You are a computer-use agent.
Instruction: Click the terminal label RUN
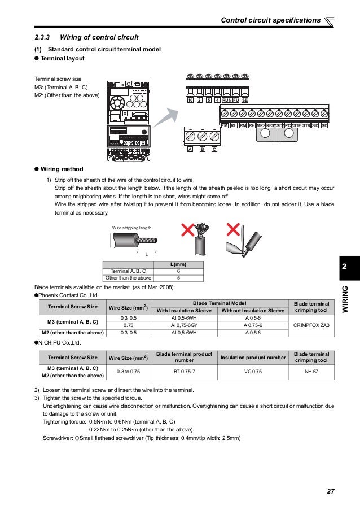(x=226, y=100)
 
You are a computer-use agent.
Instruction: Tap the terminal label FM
(x=225, y=125)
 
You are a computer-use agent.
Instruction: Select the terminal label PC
(x=288, y=125)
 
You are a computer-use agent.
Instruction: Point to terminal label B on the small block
(x=202, y=150)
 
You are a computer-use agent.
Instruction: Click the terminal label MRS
(x=261, y=125)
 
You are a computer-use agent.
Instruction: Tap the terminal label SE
(x=245, y=100)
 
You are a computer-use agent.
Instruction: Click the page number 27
(x=331, y=491)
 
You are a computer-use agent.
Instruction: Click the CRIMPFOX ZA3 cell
(x=311, y=325)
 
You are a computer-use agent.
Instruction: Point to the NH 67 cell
(x=311, y=372)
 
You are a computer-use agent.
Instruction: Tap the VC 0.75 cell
(x=253, y=372)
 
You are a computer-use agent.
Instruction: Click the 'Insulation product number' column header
(x=253, y=357)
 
